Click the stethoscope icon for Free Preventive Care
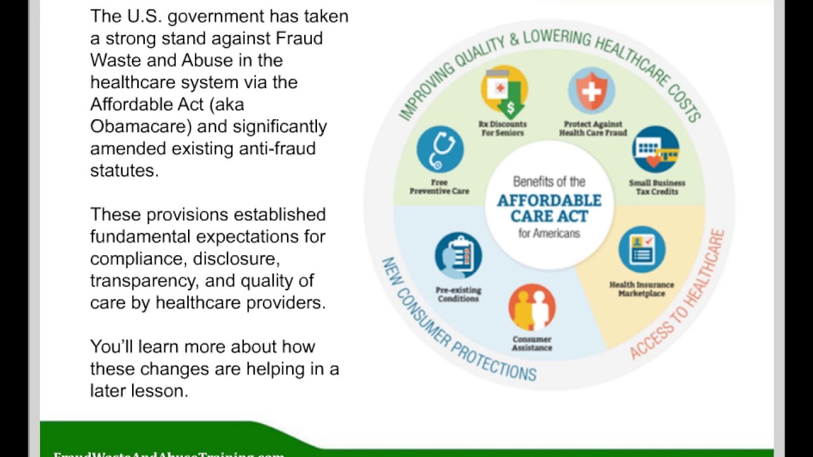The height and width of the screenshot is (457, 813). [440, 149]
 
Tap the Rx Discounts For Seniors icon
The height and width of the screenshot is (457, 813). [504, 91]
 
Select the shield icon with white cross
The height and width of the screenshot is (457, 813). [591, 91]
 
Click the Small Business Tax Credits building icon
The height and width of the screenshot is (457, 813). [655, 150]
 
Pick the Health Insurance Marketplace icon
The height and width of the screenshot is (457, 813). [642, 249]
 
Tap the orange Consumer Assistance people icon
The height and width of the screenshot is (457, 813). [532, 307]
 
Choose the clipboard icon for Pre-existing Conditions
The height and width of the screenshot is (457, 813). [458, 256]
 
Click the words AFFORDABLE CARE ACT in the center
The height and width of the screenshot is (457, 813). [549, 208]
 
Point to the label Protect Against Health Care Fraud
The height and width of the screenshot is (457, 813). [593, 129]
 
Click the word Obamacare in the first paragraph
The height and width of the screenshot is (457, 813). [140, 126]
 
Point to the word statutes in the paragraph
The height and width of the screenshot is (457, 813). [124, 170]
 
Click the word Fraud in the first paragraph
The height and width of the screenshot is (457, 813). [299, 38]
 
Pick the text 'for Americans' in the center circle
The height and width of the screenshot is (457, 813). [549, 234]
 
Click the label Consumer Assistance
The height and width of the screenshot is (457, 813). [532, 343]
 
